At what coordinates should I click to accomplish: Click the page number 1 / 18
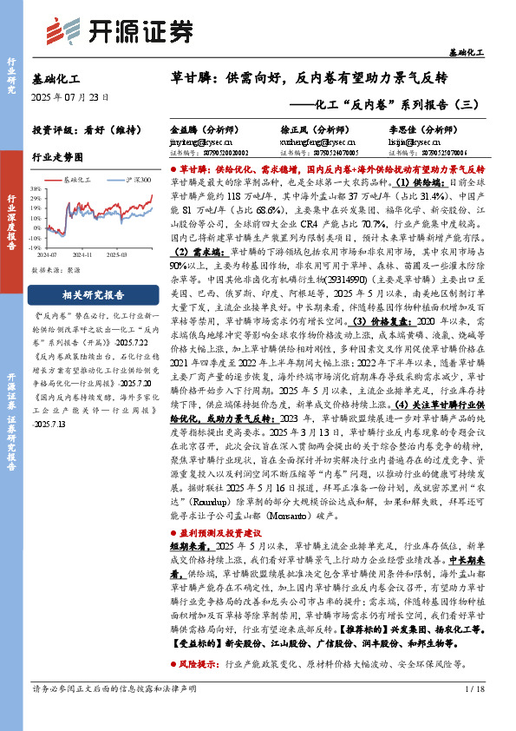coord(474,714)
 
